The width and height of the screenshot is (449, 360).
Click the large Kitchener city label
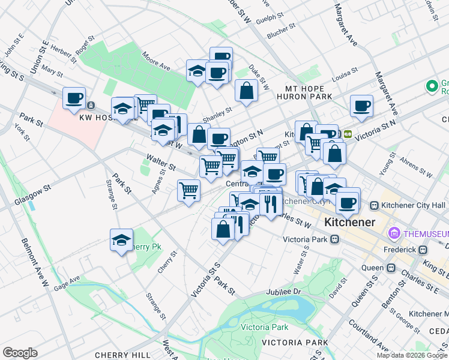click(349, 222)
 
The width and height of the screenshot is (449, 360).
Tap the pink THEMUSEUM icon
click(395, 233)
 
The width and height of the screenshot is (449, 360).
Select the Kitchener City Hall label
click(413, 206)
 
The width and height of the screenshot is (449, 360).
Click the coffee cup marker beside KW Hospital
click(74, 98)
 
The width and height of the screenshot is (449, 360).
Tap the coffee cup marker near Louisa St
click(361, 106)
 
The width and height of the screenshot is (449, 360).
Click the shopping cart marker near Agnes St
click(188, 191)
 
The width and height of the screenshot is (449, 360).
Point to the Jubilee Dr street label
click(284, 292)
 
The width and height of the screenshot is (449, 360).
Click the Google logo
click(20, 352)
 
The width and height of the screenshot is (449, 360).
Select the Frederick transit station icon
click(423, 249)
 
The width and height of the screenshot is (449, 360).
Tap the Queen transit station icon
click(391, 268)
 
